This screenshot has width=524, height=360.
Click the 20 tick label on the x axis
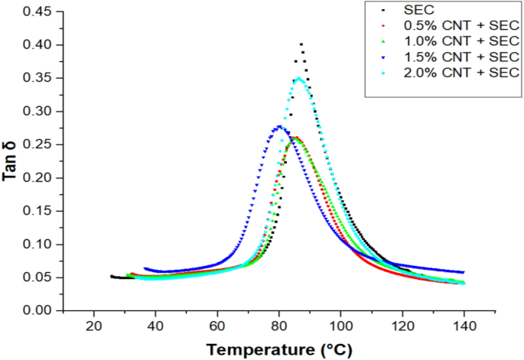tap(94, 325)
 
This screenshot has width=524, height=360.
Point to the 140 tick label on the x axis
tap(464, 325)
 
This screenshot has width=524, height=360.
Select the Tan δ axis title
tap(10, 163)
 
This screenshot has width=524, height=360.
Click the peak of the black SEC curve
tap(301, 44)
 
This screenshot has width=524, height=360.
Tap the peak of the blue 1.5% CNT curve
tap(280, 126)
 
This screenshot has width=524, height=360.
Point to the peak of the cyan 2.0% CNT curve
tap(299, 78)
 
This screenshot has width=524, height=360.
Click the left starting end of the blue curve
tap(145, 268)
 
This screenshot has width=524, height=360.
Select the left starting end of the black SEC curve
tap(112, 276)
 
